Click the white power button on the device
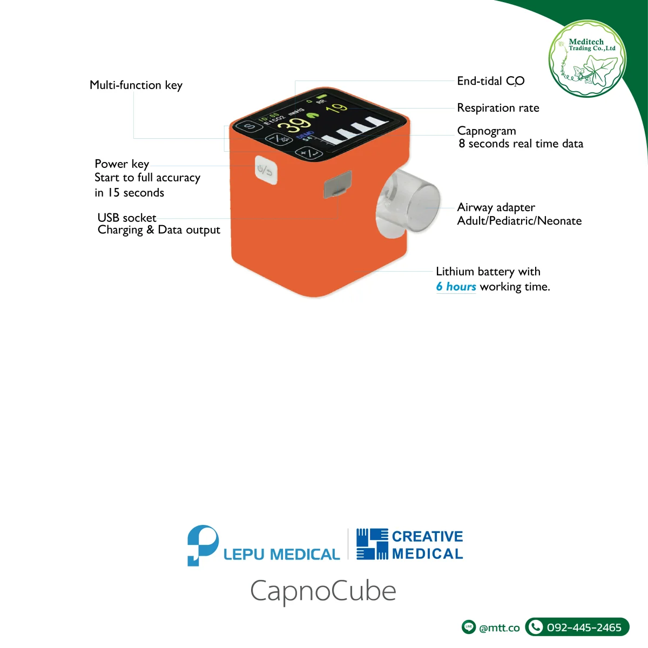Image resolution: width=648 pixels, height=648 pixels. (x=266, y=171)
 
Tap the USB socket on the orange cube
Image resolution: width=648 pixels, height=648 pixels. (x=337, y=185)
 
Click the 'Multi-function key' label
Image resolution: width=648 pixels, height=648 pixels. (x=136, y=85)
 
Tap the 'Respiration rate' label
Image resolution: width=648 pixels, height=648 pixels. (x=498, y=108)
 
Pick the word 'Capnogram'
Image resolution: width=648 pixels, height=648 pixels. (x=487, y=131)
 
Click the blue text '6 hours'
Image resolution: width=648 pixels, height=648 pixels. (x=456, y=287)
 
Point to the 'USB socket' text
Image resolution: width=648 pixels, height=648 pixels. (x=127, y=218)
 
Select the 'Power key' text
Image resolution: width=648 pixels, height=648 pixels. (x=122, y=164)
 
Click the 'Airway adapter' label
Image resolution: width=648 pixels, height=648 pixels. (x=496, y=207)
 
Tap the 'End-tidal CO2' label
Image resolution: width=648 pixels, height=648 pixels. (x=490, y=81)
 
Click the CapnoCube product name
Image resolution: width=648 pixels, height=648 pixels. (x=323, y=591)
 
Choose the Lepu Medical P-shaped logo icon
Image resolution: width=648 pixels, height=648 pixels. (x=202, y=545)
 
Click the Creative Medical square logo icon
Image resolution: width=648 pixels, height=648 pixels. (x=372, y=544)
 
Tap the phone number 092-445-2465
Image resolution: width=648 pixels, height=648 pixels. (x=584, y=627)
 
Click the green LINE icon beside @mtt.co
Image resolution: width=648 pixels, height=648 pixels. (x=469, y=627)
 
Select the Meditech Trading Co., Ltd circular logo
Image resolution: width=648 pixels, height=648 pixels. (x=588, y=59)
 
